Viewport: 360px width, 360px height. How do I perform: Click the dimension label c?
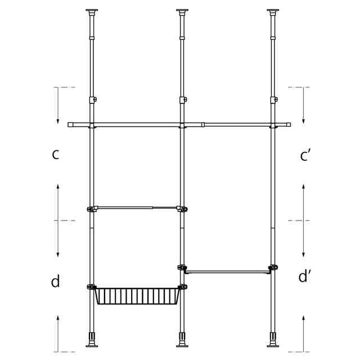click(56, 154)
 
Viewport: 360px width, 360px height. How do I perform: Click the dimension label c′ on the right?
click(305, 155)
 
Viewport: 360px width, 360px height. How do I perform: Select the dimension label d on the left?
click(55, 281)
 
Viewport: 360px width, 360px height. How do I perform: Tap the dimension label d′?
click(304, 276)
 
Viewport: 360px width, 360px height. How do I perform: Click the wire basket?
click(137, 296)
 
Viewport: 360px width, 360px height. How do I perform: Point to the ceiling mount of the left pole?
click(92, 12)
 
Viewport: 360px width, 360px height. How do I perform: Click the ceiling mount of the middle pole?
click(182, 12)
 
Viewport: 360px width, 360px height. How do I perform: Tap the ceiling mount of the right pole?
click(273, 12)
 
